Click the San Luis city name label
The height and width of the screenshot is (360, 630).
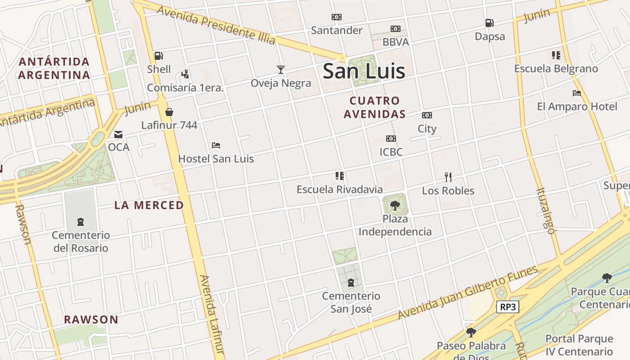(x=364, y=71)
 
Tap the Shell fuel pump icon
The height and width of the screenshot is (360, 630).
(x=158, y=56)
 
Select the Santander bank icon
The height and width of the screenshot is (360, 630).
(x=337, y=17)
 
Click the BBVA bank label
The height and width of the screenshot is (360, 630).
(x=396, y=42)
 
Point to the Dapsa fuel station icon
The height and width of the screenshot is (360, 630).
(x=489, y=23)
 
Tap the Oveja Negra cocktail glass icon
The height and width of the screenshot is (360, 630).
(x=281, y=69)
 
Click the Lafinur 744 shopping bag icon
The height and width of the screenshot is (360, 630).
(x=169, y=112)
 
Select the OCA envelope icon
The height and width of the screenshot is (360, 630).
(x=118, y=134)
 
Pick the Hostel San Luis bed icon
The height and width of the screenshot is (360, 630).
(x=216, y=145)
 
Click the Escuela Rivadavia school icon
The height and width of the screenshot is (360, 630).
(x=340, y=175)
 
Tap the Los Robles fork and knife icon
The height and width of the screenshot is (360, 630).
(x=448, y=177)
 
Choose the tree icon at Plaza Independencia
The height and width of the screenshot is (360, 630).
(x=395, y=206)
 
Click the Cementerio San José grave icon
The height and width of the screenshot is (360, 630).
(x=351, y=283)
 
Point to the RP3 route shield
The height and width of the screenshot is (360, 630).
(x=508, y=307)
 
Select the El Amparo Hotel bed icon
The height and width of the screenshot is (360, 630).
(x=577, y=93)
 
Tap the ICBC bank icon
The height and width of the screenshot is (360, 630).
(x=391, y=139)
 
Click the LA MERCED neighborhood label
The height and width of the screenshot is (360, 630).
(x=149, y=205)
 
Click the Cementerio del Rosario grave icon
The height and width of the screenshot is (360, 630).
(x=81, y=221)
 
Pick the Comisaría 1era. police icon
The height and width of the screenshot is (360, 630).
(x=185, y=74)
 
